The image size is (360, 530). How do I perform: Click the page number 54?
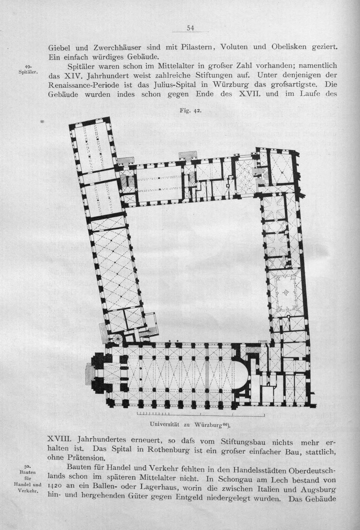click(190, 28)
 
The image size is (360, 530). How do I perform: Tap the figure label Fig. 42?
click(190, 110)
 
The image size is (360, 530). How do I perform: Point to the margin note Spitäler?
click(28, 72)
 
